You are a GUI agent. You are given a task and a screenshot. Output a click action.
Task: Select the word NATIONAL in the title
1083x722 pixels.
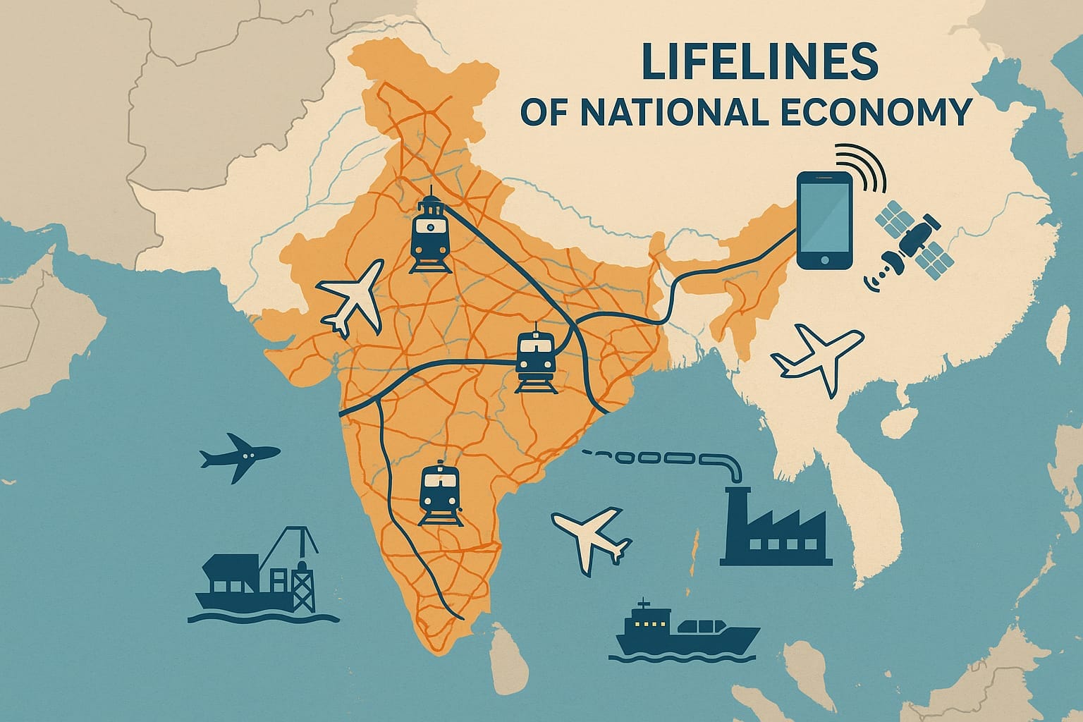(659, 112)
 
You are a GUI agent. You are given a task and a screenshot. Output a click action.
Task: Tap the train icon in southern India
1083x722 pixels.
(439, 494)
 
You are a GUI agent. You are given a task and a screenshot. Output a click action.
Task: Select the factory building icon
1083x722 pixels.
(775, 529)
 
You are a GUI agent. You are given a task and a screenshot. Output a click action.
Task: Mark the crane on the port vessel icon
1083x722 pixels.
(292, 550)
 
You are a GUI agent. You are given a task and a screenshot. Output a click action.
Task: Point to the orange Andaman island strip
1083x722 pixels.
(697, 557)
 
